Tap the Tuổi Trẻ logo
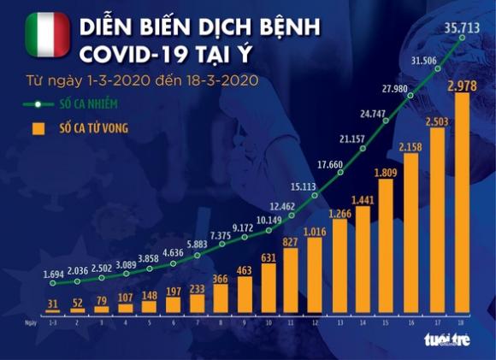pos(446,339)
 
